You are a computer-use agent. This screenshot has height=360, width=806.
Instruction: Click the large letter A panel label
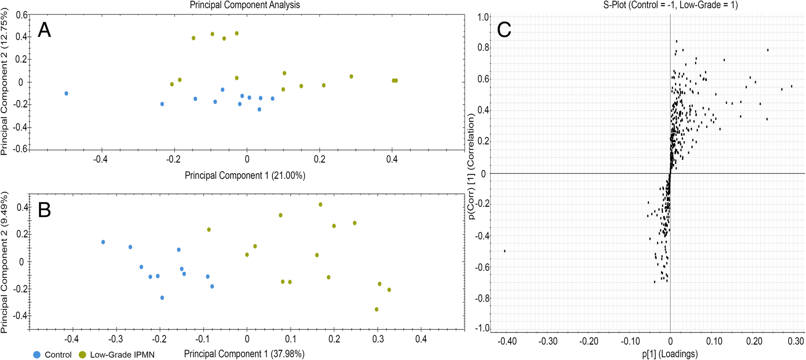tap(44, 30)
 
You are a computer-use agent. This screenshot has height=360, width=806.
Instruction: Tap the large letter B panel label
tap(44, 210)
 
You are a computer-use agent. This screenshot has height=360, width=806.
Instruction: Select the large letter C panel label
tap(504, 30)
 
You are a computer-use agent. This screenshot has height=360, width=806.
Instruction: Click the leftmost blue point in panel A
tap(66, 94)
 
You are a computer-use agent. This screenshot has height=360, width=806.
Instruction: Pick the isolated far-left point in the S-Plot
tap(505, 251)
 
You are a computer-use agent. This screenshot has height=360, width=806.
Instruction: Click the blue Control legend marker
tap(37, 355)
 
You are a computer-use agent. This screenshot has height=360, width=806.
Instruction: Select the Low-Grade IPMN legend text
tap(122, 355)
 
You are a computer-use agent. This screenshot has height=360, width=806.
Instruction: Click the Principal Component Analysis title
tap(245, 5)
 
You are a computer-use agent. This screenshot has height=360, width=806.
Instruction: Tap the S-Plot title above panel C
tap(671, 5)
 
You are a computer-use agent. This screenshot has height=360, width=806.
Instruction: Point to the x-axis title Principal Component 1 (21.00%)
tap(245, 175)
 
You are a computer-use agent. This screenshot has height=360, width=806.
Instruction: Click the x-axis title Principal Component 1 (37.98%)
tap(244, 354)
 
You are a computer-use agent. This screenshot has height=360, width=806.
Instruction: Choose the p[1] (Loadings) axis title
tap(670, 354)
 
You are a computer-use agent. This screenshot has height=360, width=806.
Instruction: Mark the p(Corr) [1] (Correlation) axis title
tap(471, 167)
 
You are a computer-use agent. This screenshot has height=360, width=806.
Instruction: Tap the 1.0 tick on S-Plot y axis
tap(483, 17)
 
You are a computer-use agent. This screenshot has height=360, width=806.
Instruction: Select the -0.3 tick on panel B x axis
tap(116, 339)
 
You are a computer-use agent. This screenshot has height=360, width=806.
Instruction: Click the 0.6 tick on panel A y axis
tap(22, 15)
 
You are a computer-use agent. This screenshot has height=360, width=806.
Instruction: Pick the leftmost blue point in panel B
tap(103, 242)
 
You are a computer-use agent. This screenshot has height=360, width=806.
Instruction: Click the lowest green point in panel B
tap(376, 309)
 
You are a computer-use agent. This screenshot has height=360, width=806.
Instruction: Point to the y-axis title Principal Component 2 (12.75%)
tap(5, 83)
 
